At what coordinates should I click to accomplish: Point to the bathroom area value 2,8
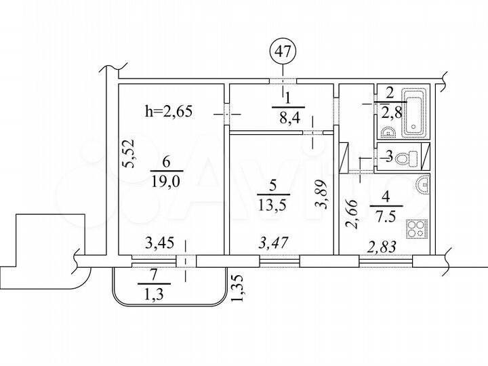[389, 111]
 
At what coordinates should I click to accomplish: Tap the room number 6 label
[167, 163]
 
